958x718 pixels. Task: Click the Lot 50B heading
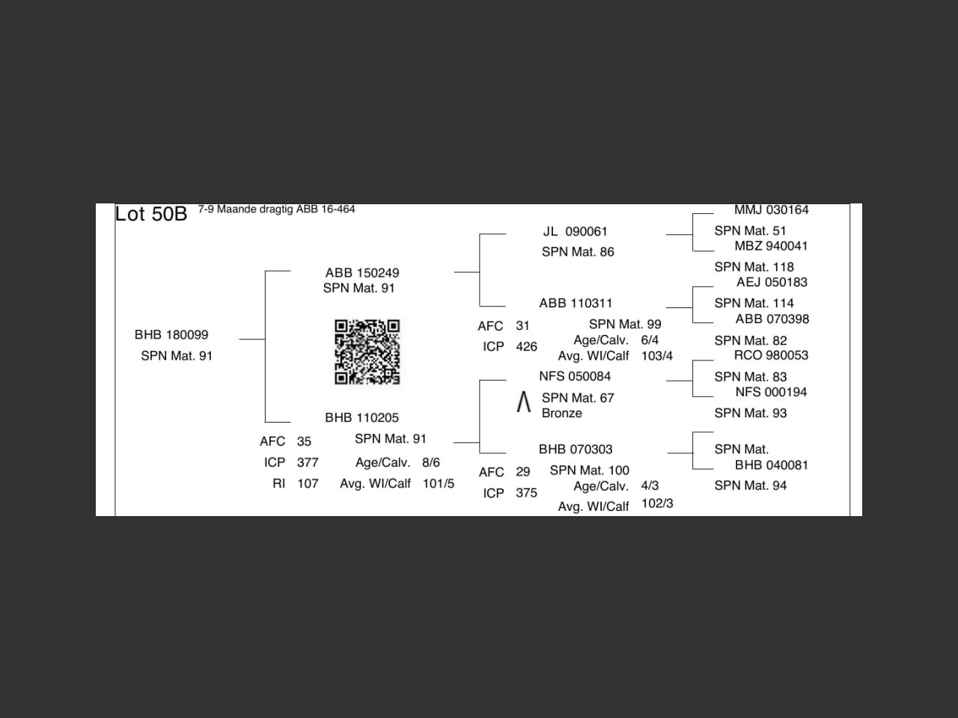[150, 214]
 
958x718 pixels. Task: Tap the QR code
[367, 352]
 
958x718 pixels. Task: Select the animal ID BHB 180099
[171, 334]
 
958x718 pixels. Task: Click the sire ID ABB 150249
[361, 273]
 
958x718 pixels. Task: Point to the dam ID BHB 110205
[361, 417]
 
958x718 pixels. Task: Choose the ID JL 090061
[575, 231]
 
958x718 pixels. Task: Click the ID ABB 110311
[576, 303]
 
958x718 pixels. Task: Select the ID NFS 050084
[575, 376]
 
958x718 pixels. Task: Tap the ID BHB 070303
[576, 449]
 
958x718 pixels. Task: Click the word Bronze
[561, 413]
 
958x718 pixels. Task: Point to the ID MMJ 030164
[771, 210]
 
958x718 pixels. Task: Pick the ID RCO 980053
[771, 355]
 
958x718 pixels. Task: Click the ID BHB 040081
[771, 464]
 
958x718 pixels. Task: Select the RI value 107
[308, 483]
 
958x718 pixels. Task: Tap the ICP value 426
[526, 346]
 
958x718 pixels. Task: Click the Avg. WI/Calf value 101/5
[438, 483]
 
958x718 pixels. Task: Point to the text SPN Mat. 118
[754, 266]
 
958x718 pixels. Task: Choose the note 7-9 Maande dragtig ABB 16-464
[276, 209]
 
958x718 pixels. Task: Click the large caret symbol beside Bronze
[524, 402]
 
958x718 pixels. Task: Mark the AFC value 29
[522, 471]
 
